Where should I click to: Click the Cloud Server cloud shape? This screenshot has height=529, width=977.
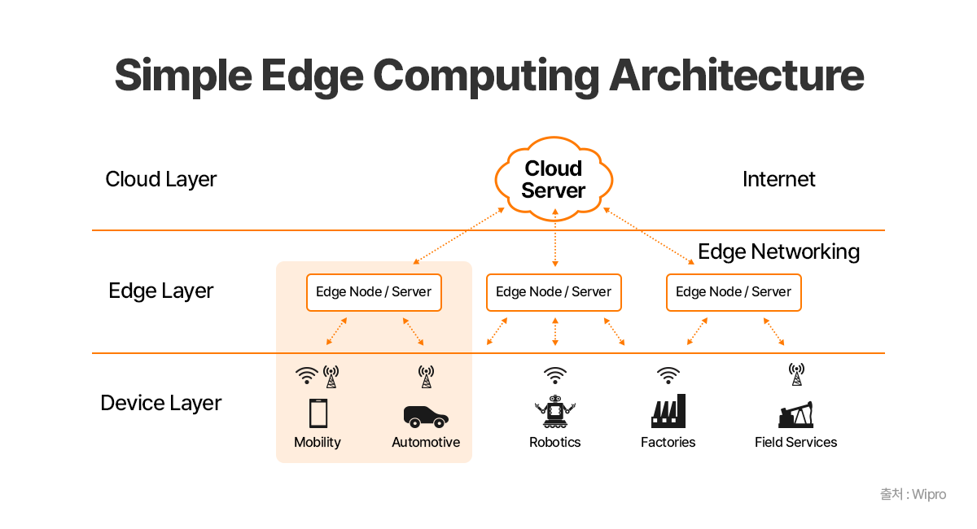click(x=554, y=179)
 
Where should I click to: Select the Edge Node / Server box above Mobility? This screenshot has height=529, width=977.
click(x=374, y=292)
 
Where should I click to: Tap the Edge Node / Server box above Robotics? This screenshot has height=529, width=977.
click(x=554, y=292)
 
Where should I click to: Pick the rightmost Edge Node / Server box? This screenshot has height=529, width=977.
click(x=734, y=292)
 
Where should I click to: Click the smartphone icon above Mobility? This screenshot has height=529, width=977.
click(x=318, y=413)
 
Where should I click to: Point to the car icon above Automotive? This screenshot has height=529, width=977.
click(x=426, y=416)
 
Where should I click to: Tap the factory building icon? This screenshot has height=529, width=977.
click(x=668, y=412)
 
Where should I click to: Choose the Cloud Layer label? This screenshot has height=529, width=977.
click(x=161, y=179)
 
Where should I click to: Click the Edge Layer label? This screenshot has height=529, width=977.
click(x=161, y=291)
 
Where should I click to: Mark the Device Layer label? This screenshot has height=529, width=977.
click(x=161, y=403)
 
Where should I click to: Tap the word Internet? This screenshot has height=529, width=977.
click(x=779, y=179)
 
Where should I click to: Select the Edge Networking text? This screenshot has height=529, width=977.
click(x=779, y=251)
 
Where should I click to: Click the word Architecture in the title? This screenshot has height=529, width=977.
click(x=736, y=75)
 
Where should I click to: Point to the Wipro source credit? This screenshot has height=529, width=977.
click(x=913, y=494)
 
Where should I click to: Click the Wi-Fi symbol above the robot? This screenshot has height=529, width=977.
click(x=555, y=375)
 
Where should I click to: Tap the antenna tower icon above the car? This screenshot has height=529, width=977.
click(x=426, y=376)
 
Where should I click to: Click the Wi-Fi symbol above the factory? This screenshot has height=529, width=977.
click(x=668, y=375)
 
